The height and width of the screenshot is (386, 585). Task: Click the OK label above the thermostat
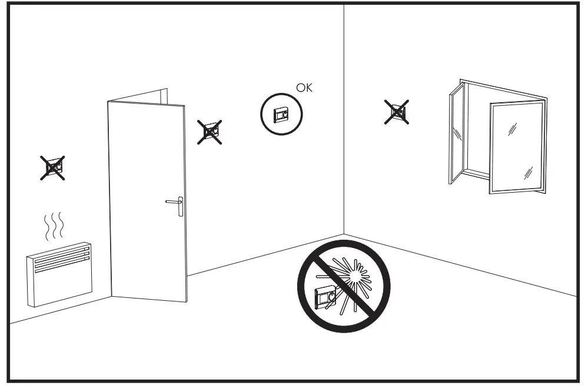pos(305,88)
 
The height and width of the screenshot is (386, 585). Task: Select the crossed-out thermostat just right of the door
pos(210,132)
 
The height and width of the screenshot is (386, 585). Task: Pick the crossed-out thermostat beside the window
pos(397,112)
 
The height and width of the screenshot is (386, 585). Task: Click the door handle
pos(175,203)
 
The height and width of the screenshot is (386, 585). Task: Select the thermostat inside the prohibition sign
pos(325,296)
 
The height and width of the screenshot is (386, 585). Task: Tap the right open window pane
pos(516,147)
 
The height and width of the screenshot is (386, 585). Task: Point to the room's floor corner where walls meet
pos(344,234)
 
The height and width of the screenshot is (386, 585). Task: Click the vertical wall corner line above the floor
pos(344,118)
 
